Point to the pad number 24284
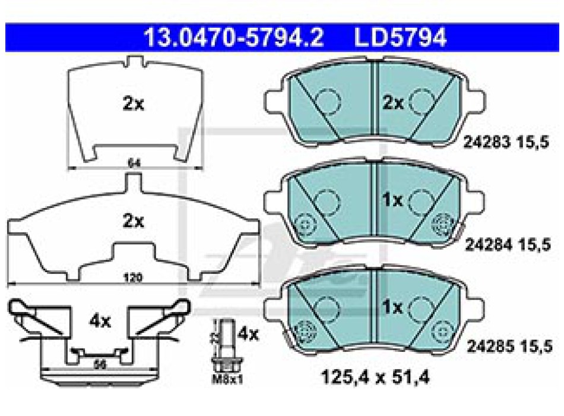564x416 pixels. [487, 244]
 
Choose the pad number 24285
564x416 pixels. [487, 345]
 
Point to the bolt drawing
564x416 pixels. [226, 345]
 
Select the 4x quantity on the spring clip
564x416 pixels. [100, 322]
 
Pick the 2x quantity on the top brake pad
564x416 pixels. [392, 103]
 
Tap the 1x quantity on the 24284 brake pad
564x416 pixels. [392, 201]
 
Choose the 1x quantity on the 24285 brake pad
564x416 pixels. [392, 307]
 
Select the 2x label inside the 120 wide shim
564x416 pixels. [133, 221]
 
